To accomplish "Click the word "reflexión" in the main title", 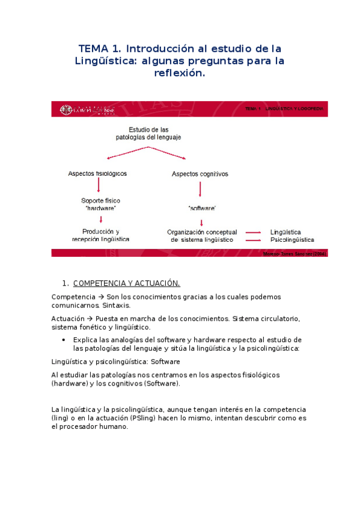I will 180,74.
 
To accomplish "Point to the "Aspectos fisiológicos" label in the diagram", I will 97,174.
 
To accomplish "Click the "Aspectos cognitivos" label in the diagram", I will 200,174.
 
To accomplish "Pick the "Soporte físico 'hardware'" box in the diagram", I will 99,204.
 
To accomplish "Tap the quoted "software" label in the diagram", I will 202,207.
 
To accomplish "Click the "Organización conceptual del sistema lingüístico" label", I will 203,235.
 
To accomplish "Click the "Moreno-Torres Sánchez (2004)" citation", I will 295,254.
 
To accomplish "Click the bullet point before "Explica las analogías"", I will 64,340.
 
